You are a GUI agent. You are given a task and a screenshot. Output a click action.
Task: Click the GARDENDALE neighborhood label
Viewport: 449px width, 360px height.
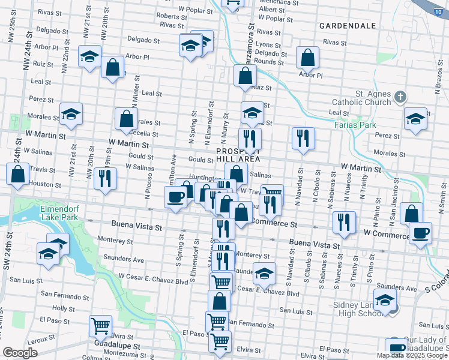(x=348, y=26)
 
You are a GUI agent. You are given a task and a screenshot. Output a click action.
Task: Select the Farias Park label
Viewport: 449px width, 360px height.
(x=354, y=125)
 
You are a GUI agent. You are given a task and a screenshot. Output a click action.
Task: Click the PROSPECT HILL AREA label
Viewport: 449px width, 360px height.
(x=238, y=155)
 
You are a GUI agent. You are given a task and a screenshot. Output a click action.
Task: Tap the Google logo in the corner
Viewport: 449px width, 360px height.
(x=20, y=353)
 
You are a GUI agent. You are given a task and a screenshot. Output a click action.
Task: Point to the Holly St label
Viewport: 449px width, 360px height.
(x=63, y=308)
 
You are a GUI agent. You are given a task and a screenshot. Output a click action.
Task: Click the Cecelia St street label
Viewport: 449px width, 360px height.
(x=143, y=134)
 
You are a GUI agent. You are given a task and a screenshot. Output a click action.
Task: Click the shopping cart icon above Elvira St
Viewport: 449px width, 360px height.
(x=100, y=326)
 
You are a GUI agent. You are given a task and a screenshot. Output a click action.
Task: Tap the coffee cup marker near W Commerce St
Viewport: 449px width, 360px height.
(x=420, y=232)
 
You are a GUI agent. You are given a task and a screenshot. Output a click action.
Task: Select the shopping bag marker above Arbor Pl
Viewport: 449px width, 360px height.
(x=307, y=58)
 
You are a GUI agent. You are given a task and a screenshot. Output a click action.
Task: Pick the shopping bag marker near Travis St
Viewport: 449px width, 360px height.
(x=18, y=173)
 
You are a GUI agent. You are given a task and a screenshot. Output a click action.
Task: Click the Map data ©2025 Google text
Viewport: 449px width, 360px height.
(x=412, y=355)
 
